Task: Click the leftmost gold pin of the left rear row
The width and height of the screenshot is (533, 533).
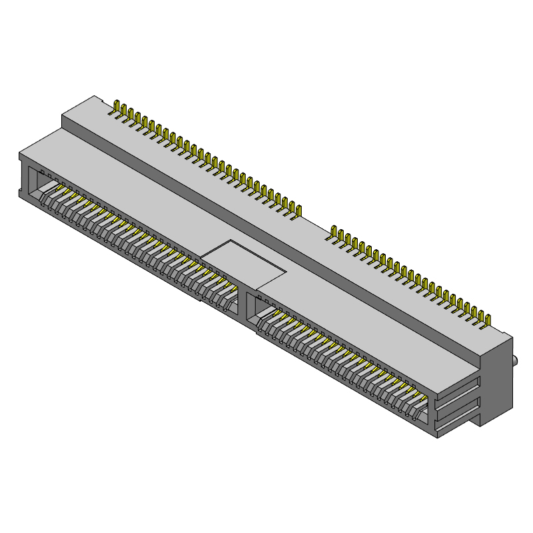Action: coord(118,109)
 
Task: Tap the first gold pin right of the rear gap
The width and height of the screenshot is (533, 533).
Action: coord(334,235)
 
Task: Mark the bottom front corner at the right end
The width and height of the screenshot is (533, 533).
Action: coord(436,436)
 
